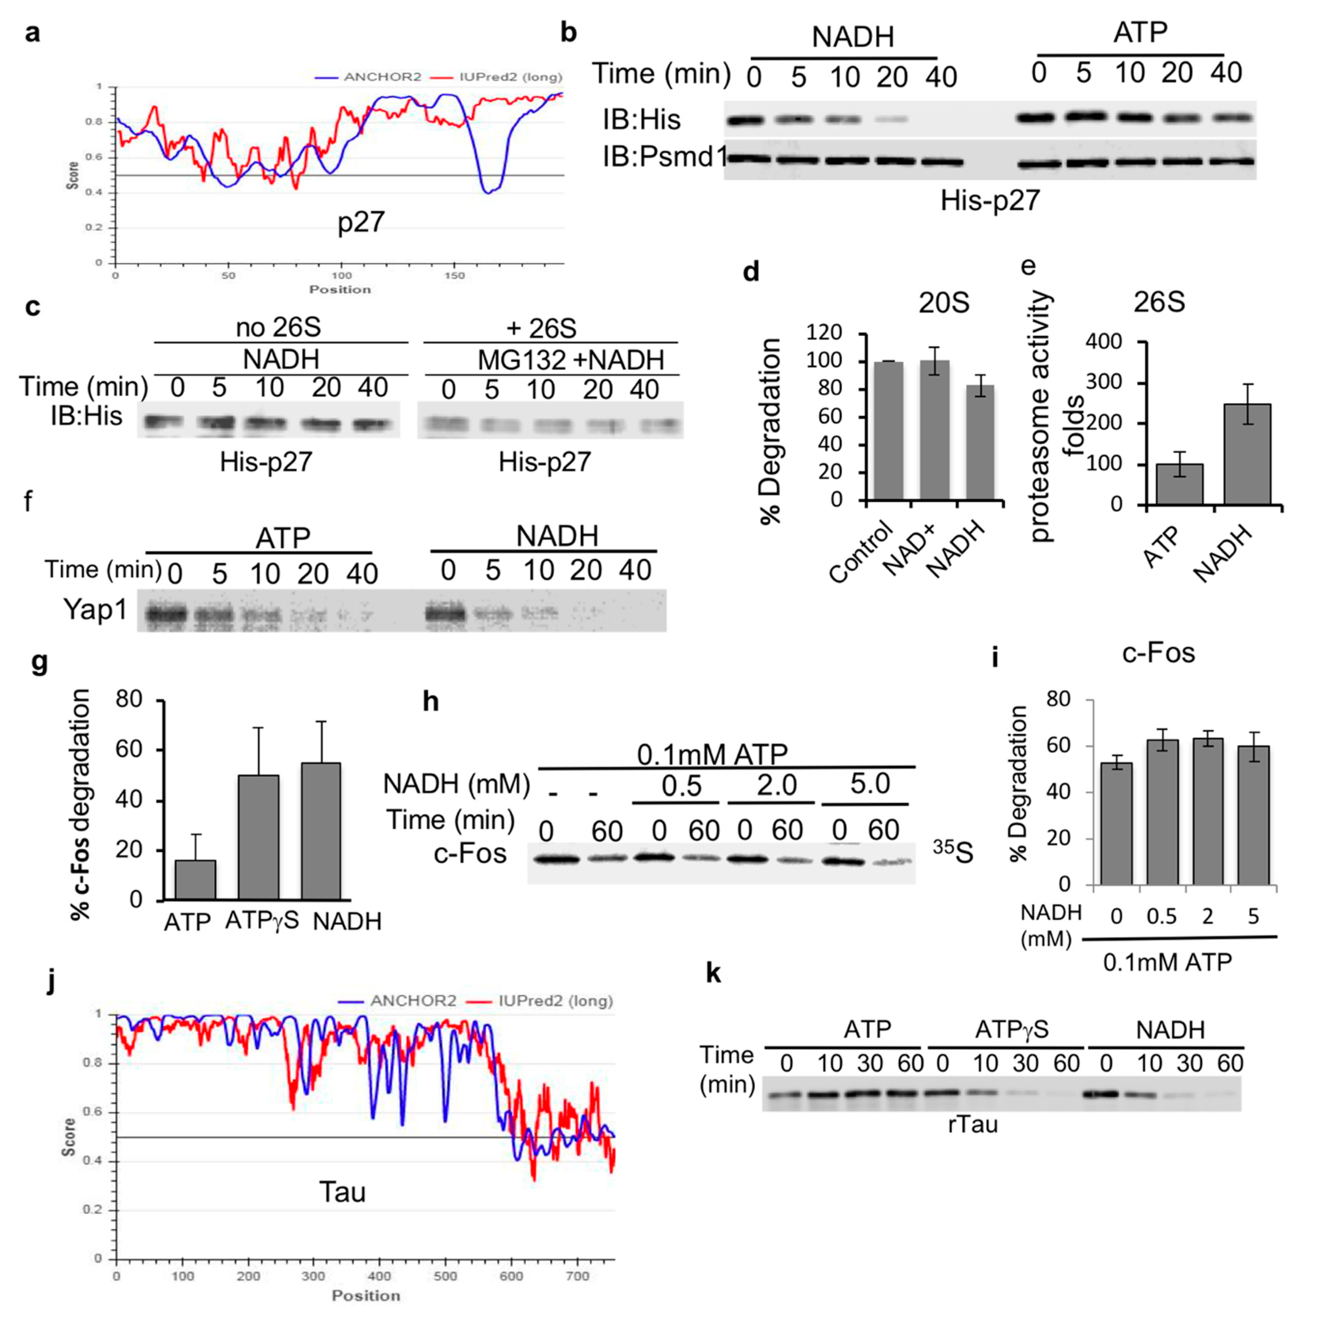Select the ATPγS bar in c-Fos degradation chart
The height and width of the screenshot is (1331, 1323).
click(258, 837)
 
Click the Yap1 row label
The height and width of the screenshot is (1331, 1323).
click(95, 609)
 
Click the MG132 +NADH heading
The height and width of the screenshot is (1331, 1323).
click(571, 360)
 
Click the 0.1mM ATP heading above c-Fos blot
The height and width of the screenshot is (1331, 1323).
click(712, 754)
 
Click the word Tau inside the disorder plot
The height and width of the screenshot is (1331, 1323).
click(342, 1192)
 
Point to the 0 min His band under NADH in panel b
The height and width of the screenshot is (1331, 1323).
click(746, 120)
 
